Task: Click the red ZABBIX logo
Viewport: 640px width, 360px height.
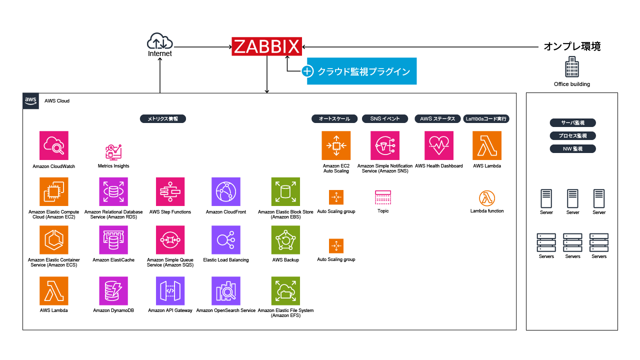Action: [267, 46]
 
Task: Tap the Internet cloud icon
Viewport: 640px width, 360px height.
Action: [159, 41]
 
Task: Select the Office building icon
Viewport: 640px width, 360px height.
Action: [571, 67]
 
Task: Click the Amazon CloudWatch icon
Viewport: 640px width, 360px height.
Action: [54, 145]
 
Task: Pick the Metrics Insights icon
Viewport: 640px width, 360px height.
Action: [113, 151]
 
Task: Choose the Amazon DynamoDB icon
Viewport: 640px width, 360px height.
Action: [113, 291]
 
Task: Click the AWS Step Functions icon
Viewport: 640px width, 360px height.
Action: [170, 191]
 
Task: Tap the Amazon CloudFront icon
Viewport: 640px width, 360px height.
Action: [226, 191]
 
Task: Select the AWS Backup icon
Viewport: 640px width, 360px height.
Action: [285, 240]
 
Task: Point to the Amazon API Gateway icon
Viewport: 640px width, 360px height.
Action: [170, 291]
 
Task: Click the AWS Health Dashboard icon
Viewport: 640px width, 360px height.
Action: [439, 145]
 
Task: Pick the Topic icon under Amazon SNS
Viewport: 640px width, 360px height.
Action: [383, 197]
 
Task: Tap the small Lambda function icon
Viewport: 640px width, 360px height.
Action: [487, 198]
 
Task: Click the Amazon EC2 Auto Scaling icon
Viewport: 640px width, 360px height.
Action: [336, 145]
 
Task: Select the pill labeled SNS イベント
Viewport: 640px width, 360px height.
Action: [385, 119]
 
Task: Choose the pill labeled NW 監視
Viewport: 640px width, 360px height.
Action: [572, 148]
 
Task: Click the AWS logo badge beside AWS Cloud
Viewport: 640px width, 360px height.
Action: [31, 100]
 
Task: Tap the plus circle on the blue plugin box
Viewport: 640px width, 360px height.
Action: [308, 71]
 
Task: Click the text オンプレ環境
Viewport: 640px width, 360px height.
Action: [572, 46]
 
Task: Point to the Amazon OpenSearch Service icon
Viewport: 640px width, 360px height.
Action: [226, 291]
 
